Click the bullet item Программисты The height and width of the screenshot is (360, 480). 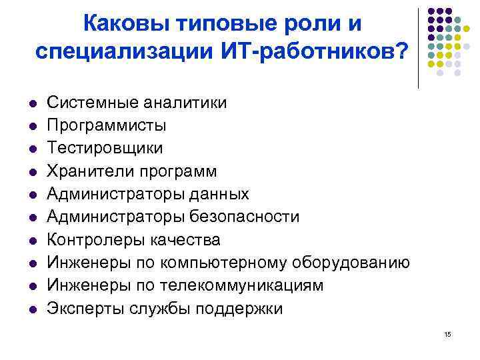(x=107, y=125)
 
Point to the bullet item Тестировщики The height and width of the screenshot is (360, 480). (x=105, y=148)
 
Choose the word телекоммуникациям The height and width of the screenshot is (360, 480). (x=247, y=286)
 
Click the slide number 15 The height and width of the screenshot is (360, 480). (x=447, y=333)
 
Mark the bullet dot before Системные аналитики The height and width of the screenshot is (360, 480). (x=31, y=103)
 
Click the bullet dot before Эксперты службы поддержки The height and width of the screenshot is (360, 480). (x=31, y=309)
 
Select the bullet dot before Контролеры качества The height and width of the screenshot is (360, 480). (x=31, y=241)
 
